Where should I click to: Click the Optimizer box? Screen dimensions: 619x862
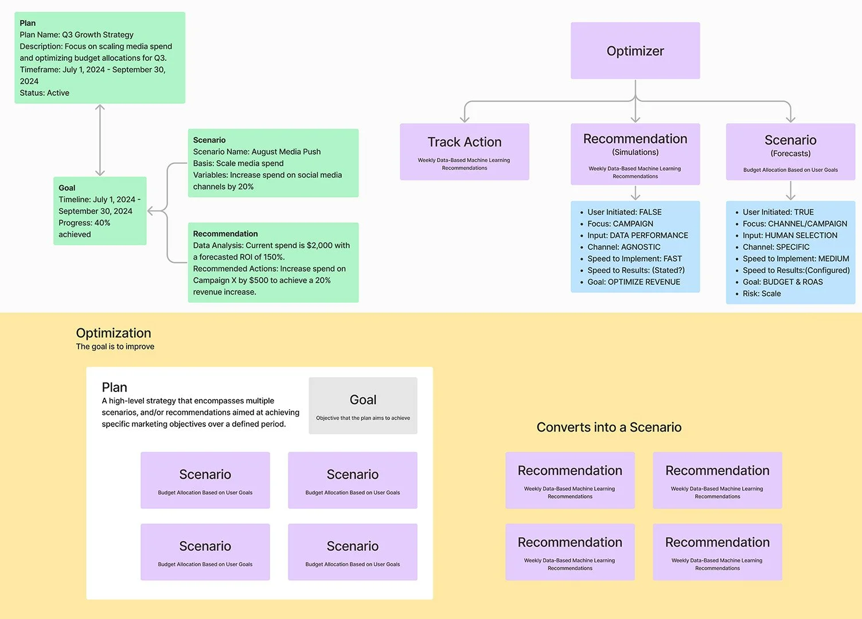(x=635, y=51)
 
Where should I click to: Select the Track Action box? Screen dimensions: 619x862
(x=464, y=151)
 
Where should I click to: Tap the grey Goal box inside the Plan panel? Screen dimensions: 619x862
(x=362, y=405)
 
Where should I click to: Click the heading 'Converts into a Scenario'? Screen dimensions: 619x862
(x=609, y=427)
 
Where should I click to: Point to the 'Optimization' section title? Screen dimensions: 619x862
(x=114, y=333)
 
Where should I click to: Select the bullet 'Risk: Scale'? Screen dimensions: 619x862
(x=761, y=293)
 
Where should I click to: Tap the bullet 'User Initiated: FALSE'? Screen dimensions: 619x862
(x=624, y=212)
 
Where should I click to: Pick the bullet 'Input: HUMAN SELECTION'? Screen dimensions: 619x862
(x=789, y=236)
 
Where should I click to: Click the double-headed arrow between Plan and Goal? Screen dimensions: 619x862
(x=100, y=140)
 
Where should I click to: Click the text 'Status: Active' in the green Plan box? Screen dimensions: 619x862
(x=44, y=93)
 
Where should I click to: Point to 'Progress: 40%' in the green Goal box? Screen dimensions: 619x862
(x=84, y=223)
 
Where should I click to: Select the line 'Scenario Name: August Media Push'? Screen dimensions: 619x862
(x=256, y=152)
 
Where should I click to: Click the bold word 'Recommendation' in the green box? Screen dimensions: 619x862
(x=225, y=234)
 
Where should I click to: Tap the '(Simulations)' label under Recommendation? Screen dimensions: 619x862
(x=635, y=152)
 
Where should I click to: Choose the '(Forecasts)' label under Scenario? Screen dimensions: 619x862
(x=790, y=154)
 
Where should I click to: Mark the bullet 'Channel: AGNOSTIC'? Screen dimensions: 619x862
(x=623, y=247)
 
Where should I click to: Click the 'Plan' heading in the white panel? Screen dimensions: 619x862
(x=114, y=387)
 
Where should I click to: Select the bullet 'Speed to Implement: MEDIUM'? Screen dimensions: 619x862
(x=795, y=258)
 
